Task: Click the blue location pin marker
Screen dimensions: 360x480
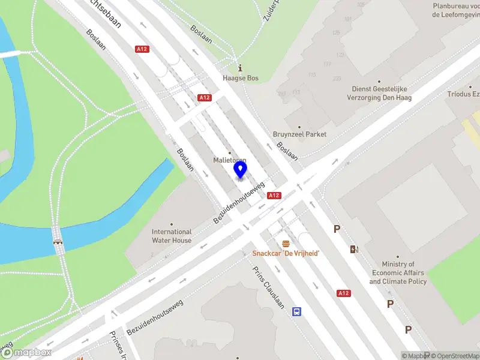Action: [x=240, y=170]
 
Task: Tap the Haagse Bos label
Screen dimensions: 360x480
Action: [x=240, y=78]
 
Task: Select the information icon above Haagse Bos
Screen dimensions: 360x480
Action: [x=240, y=67]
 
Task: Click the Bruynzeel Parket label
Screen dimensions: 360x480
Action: [x=299, y=134]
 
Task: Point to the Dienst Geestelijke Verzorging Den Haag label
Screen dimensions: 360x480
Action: [x=382, y=93]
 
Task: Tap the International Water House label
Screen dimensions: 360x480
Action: [x=172, y=236]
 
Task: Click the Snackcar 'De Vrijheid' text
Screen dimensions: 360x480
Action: [x=286, y=254]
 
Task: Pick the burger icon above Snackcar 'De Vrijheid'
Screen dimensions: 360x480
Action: [x=286, y=244]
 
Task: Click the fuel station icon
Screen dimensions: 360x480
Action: [x=355, y=249]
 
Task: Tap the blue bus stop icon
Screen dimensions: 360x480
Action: [x=296, y=311]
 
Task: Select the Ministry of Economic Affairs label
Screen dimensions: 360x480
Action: [x=398, y=273]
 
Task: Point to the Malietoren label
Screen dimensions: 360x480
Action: [x=230, y=160]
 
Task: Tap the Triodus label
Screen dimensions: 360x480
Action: [x=463, y=94]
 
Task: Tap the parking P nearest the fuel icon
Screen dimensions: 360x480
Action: [x=337, y=229]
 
